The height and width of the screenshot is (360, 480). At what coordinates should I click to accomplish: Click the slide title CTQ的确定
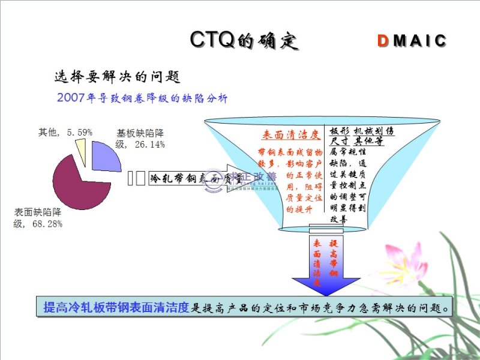point(244,40)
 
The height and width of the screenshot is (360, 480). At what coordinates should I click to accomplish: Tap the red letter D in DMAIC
point(383,41)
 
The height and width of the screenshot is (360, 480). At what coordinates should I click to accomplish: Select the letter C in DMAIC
point(441,41)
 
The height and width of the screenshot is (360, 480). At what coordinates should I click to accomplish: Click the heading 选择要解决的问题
point(117,77)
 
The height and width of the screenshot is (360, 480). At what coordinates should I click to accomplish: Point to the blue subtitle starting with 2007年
point(142,97)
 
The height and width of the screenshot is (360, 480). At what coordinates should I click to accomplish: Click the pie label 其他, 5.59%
point(65,132)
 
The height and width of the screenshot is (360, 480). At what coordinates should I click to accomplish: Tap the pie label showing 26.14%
point(140,139)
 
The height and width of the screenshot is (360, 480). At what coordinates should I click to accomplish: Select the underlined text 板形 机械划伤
point(362,131)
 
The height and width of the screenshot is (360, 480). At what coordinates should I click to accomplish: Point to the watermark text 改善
point(263,176)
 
